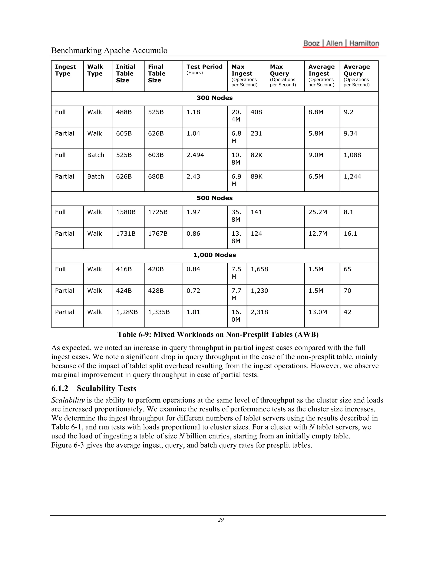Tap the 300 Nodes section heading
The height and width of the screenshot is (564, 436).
point(214,98)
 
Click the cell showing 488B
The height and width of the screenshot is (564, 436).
point(124,112)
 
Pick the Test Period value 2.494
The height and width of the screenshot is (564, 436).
point(195,155)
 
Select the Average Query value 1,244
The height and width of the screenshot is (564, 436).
point(352,177)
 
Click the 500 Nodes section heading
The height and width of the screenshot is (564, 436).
point(214,198)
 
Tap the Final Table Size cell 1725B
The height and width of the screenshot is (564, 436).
point(158,212)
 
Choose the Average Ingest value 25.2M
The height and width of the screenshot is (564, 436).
point(317,212)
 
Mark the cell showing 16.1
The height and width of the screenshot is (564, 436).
point(350,234)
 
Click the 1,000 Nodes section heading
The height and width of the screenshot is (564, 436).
point(214,255)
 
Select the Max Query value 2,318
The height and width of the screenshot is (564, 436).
point(259,312)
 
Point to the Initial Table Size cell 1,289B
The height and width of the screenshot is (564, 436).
point(127,312)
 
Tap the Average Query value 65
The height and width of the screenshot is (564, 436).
point(347,269)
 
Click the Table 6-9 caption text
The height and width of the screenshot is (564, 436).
point(218,335)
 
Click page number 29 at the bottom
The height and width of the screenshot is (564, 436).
point(221,520)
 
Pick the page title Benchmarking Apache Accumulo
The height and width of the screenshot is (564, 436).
point(109,50)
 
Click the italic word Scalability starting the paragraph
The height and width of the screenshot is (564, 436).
point(68,400)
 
